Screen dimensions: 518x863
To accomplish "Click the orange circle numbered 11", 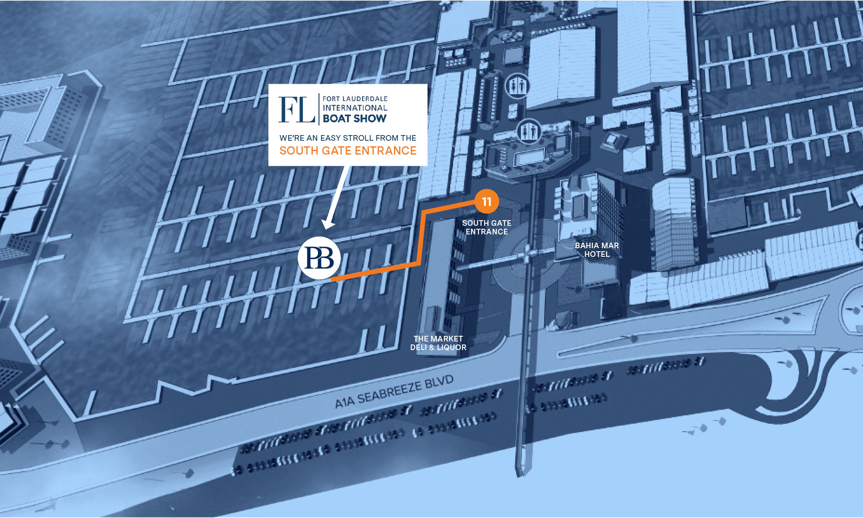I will click(487, 201).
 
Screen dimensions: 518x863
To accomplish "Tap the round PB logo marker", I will click(319, 258).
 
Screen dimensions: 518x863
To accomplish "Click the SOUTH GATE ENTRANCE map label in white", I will click(487, 227).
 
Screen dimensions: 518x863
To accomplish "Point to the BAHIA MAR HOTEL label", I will click(597, 250).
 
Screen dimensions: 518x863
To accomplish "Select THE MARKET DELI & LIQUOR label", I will click(438, 343).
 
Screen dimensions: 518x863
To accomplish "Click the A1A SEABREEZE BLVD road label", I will click(394, 392).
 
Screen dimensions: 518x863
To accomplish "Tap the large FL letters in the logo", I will click(296, 110).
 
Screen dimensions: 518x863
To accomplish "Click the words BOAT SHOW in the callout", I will click(355, 119).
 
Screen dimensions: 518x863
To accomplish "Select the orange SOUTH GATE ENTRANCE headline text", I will click(348, 151).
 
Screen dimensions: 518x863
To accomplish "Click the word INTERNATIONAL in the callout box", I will click(355, 108).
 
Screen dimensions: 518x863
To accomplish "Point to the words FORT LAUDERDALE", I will click(355, 99).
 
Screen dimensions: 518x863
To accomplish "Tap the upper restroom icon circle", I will click(517, 85).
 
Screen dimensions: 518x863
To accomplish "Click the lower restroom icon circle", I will click(529, 131).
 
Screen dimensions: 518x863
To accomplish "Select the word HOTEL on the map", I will click(597, 254).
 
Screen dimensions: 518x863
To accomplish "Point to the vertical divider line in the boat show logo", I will click(319, 110).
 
